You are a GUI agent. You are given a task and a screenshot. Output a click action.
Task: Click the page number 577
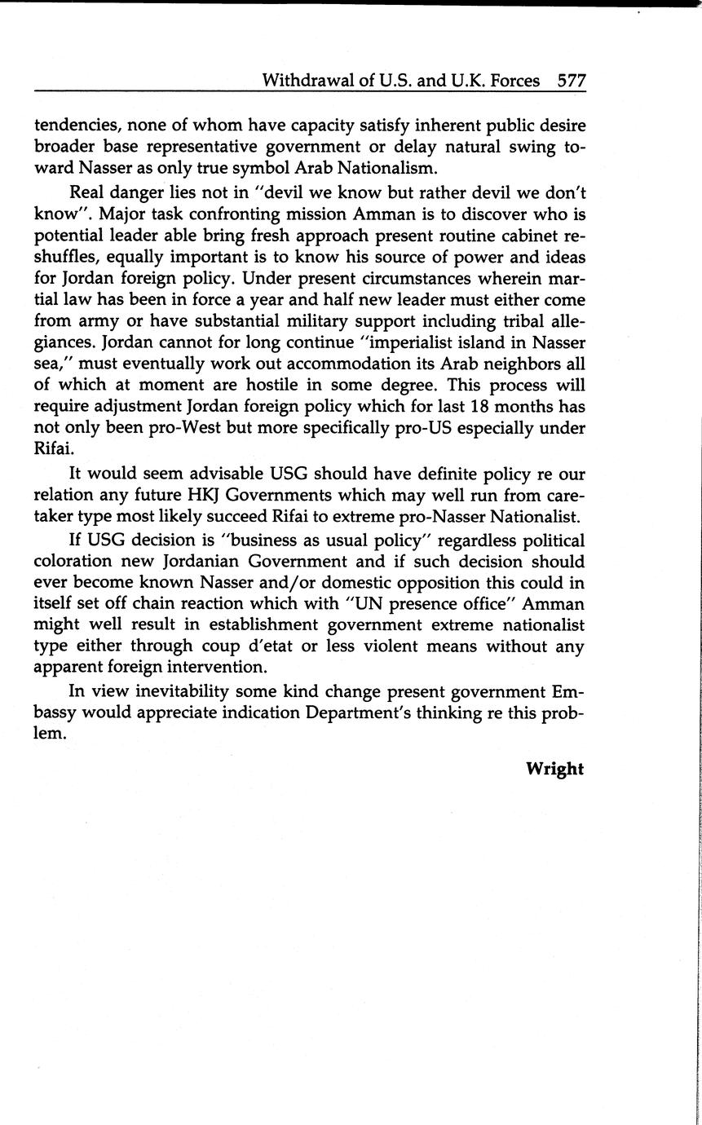tap(571, 81)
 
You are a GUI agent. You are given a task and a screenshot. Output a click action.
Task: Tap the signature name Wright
tap(554, 769)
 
